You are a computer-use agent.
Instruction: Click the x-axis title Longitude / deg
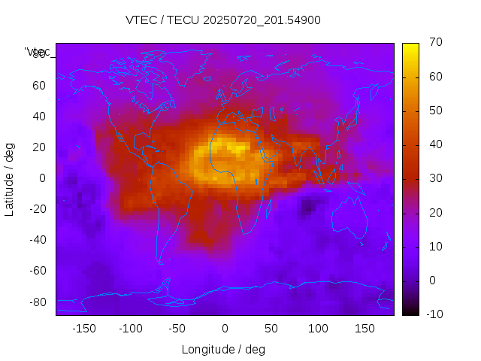click(223, 349)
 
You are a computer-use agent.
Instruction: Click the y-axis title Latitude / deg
click(10, 177)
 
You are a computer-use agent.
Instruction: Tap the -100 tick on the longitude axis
click(130, 328)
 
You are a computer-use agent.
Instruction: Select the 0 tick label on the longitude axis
click(224, 328)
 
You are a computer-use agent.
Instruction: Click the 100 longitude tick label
click(318, 328)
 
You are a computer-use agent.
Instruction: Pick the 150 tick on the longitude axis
click(365, 328)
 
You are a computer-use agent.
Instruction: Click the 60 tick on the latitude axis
click(38, 85)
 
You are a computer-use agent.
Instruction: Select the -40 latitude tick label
click(36, 240)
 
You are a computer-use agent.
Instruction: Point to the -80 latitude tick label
click(36, 302)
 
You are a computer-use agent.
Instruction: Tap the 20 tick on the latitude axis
click(38, 147)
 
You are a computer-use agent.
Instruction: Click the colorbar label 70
click(434, 43)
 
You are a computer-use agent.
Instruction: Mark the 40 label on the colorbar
click(434, 144)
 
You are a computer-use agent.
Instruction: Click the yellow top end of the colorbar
click(410, 47)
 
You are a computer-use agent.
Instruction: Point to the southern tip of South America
click(160, 262)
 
